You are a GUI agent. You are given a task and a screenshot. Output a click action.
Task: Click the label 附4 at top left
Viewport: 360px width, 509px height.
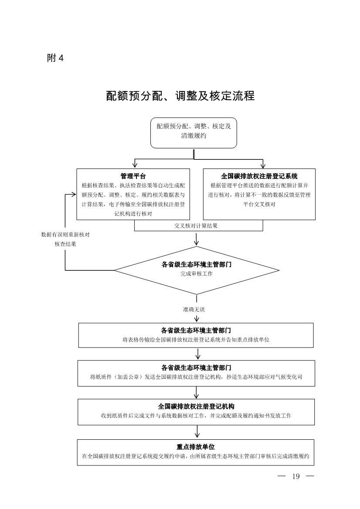click(x=55, y=58)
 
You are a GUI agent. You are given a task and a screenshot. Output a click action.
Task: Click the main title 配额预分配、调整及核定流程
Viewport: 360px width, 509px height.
click(x=180, y=96)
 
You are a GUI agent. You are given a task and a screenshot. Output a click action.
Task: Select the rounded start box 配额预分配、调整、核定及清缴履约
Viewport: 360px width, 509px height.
click(x=194, y=132)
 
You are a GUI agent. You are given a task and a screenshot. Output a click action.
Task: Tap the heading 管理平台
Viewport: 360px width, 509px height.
click(x=133, y=176)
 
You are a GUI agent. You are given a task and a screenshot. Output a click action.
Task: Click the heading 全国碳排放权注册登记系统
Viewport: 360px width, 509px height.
click(x=259, y=176)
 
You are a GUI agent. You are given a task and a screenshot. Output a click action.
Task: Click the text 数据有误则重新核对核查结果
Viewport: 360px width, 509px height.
click(x=65, y=239)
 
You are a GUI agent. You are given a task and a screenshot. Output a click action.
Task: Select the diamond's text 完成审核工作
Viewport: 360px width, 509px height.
click(x=197, y=274)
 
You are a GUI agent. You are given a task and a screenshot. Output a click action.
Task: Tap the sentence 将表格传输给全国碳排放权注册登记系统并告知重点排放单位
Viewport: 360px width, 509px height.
click(x=196, y=340)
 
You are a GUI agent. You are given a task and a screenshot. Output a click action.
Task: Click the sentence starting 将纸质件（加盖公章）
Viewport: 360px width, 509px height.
click(x=196, y=377)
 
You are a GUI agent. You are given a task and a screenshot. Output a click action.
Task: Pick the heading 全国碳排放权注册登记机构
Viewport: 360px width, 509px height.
click(x=196, y=406)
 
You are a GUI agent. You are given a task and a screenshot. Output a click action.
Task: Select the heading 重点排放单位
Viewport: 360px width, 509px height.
click(x=196, y=447)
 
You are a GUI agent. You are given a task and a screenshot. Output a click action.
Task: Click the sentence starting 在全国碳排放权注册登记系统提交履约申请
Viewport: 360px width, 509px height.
click(x=196, y=456)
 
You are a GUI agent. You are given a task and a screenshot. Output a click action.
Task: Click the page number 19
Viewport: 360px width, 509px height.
click(x=296, y=476)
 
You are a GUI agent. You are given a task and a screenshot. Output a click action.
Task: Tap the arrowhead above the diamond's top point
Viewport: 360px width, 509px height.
click(x=197, y=242)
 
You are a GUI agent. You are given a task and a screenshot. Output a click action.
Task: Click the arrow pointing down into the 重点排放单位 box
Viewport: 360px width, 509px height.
click(x=197, y=435)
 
